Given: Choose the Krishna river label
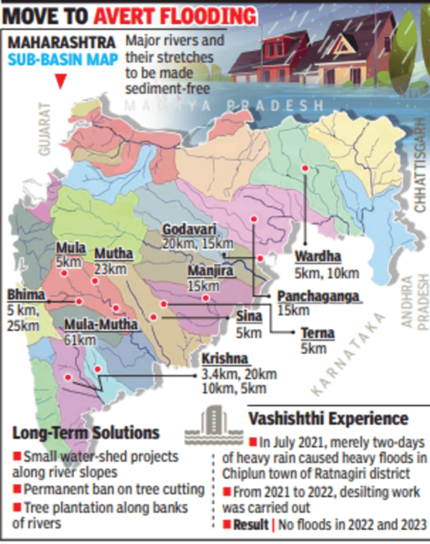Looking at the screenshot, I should pos(224,359).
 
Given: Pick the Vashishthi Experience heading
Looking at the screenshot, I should pos(328,419).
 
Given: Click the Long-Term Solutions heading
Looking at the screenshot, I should pos(86,433).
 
